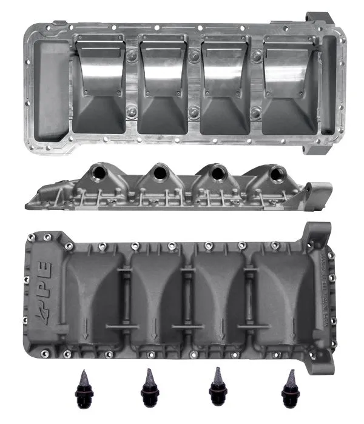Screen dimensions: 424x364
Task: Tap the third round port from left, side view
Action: pos(216,174)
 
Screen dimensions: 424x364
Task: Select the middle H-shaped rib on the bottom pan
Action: pos(187,297)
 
